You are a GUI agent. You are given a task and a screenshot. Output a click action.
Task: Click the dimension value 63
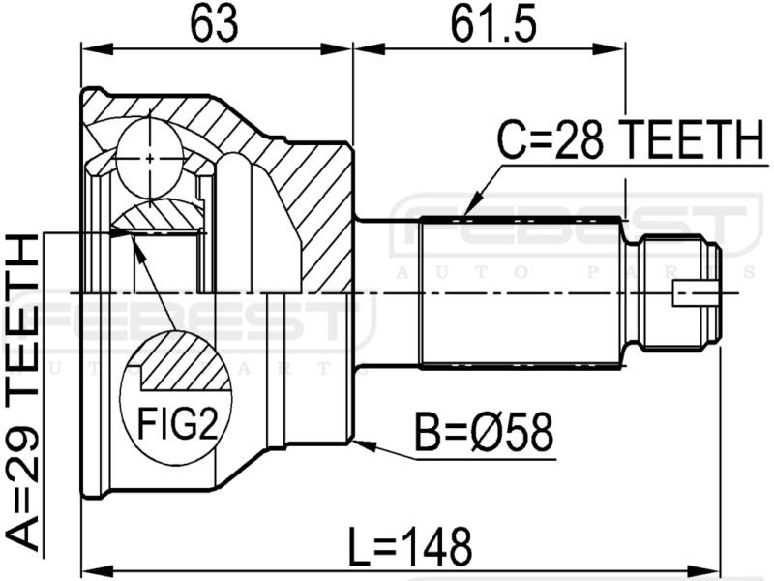click(x=214, y=23)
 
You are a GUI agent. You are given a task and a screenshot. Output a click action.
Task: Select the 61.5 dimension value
click(x=494, y=23)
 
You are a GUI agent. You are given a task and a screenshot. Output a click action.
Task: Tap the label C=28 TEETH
click(x=631, y=139)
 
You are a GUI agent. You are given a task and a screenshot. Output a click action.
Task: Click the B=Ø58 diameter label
click(x=484, y=433)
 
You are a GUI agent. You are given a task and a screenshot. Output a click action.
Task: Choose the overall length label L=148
click(x=410, y=547)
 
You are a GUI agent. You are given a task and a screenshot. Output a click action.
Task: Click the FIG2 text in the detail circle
click(x=177, y=424)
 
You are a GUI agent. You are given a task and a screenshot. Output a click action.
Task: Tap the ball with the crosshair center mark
click(x=150, y=158)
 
